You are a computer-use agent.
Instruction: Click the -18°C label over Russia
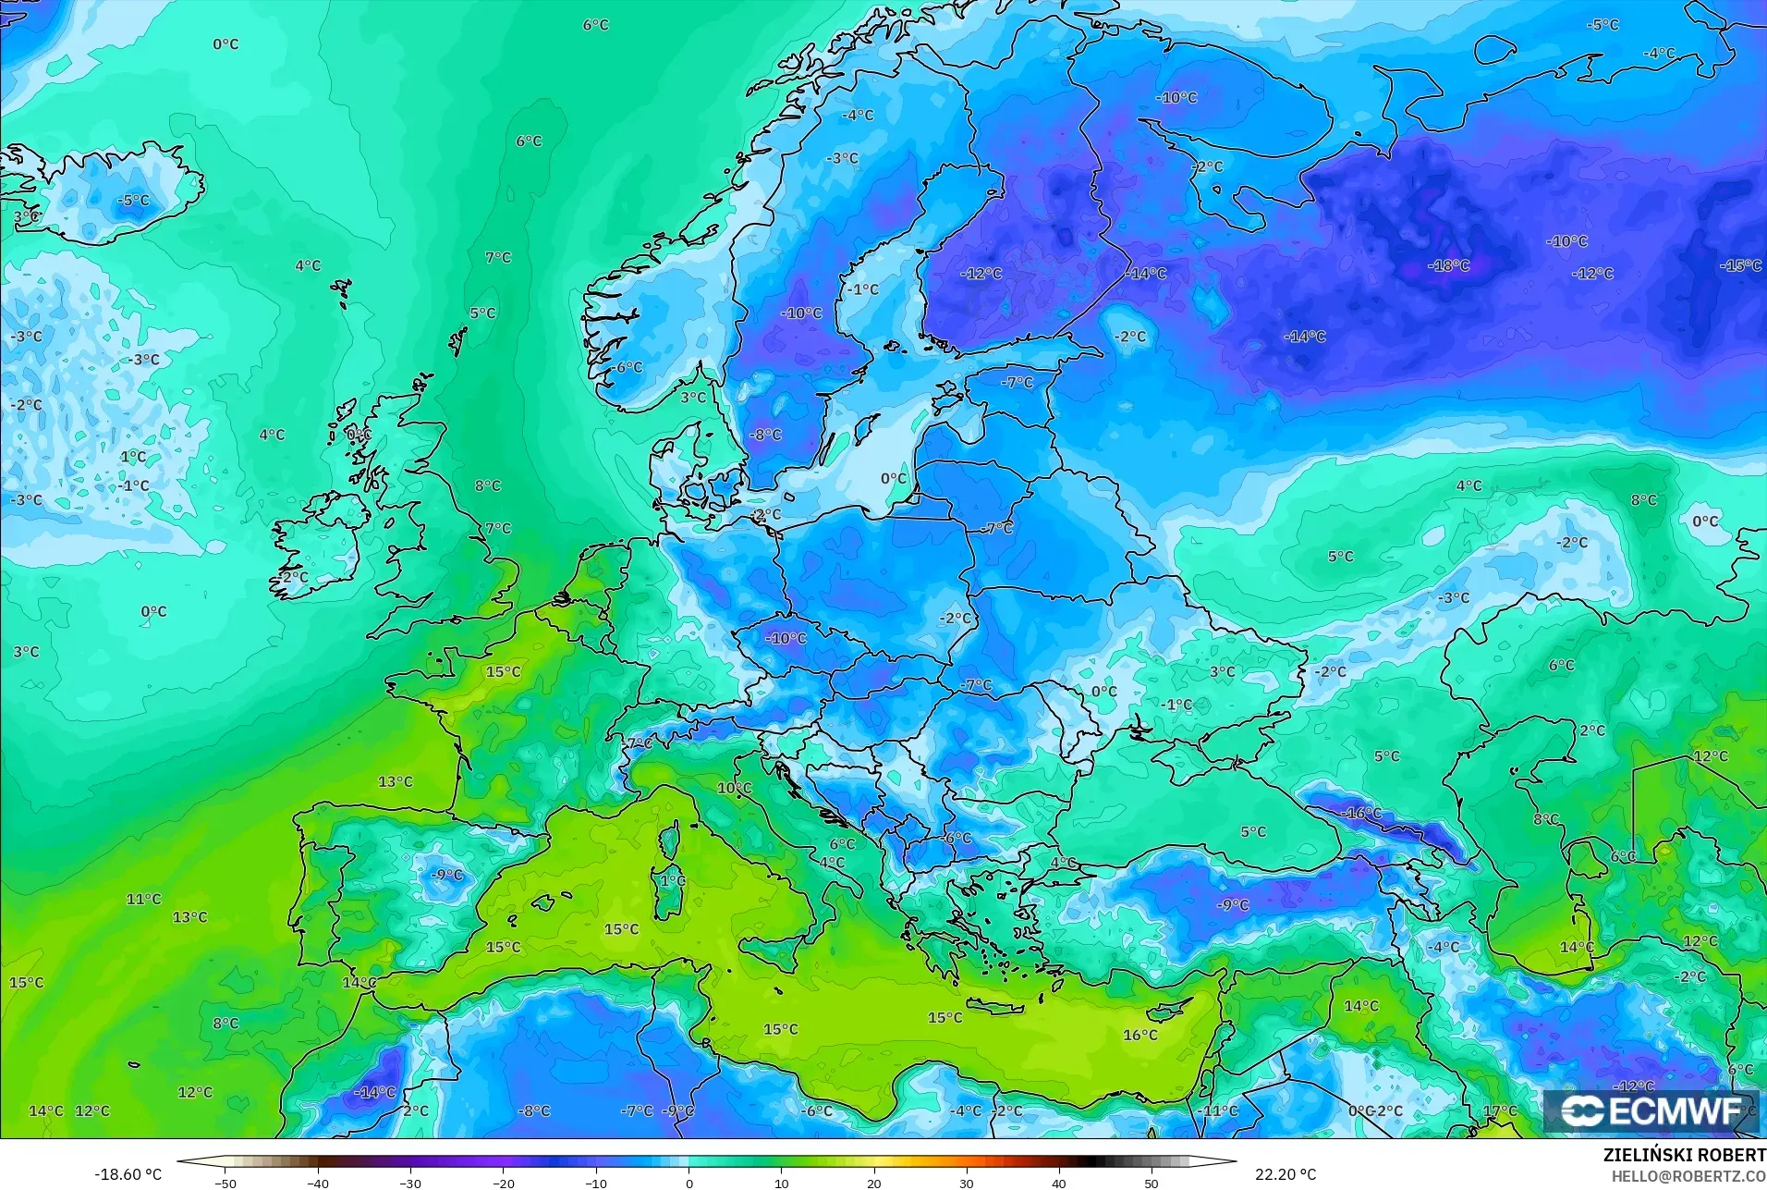1448,265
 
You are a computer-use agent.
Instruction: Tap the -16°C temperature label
1362,814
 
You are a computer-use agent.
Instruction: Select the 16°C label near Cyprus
1139,1035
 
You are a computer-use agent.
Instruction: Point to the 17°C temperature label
1500,1110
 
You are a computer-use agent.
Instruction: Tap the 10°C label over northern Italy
734,788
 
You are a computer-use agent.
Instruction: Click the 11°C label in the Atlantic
143,899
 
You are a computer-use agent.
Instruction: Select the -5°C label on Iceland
133,200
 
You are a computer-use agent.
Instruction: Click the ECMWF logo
1651,1111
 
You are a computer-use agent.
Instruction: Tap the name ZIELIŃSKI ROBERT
1684,1156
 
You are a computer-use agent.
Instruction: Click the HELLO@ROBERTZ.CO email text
1688,1176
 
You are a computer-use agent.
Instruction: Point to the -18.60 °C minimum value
128,1174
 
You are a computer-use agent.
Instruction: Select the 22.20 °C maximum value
1285,1174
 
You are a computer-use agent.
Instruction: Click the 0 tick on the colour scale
689,1183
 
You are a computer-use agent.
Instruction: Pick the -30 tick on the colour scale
409,1183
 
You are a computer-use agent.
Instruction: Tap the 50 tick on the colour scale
1152,1183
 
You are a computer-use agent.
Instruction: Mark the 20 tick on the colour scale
873,1183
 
